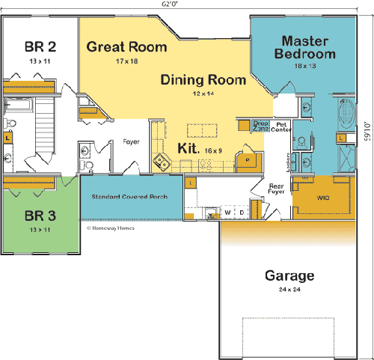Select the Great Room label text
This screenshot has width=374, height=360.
[126, 46]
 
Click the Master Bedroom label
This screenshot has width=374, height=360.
[304, 46]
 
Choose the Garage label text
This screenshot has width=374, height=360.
[289, 275]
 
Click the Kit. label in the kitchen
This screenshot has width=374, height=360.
[188, 149]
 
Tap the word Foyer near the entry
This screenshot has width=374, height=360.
[132, 141]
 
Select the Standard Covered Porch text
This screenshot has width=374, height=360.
[130, 197]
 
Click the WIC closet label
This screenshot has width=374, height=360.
[322, 198]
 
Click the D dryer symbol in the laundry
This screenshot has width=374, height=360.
[241, 213]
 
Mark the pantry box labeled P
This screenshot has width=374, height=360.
[246, 159]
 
